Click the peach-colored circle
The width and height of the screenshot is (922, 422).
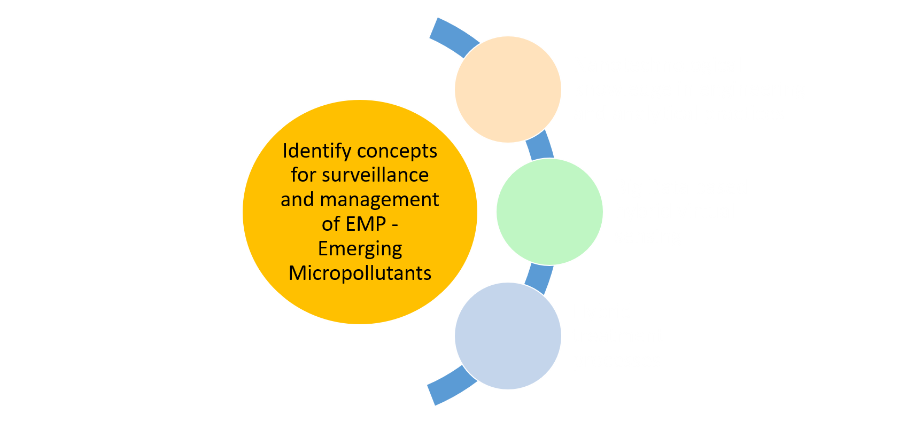508,89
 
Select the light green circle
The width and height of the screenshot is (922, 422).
549,212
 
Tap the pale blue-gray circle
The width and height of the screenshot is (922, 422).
508,336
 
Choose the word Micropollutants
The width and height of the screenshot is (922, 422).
360,273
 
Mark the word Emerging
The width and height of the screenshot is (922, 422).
360,249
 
